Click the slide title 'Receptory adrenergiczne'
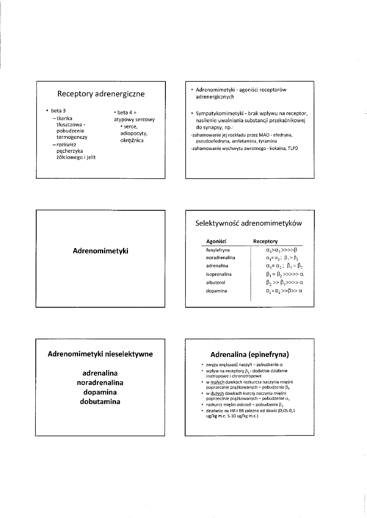101,94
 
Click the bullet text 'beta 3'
58,111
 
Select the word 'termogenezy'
72,137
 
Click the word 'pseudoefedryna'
213,141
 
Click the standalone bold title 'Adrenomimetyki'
100,250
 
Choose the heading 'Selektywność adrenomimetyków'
249,223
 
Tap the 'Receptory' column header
265,241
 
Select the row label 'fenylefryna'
218,249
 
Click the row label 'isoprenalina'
219,274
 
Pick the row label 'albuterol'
216,283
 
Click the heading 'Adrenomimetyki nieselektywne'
100,353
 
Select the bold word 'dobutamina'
100,401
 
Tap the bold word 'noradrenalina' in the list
100,382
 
